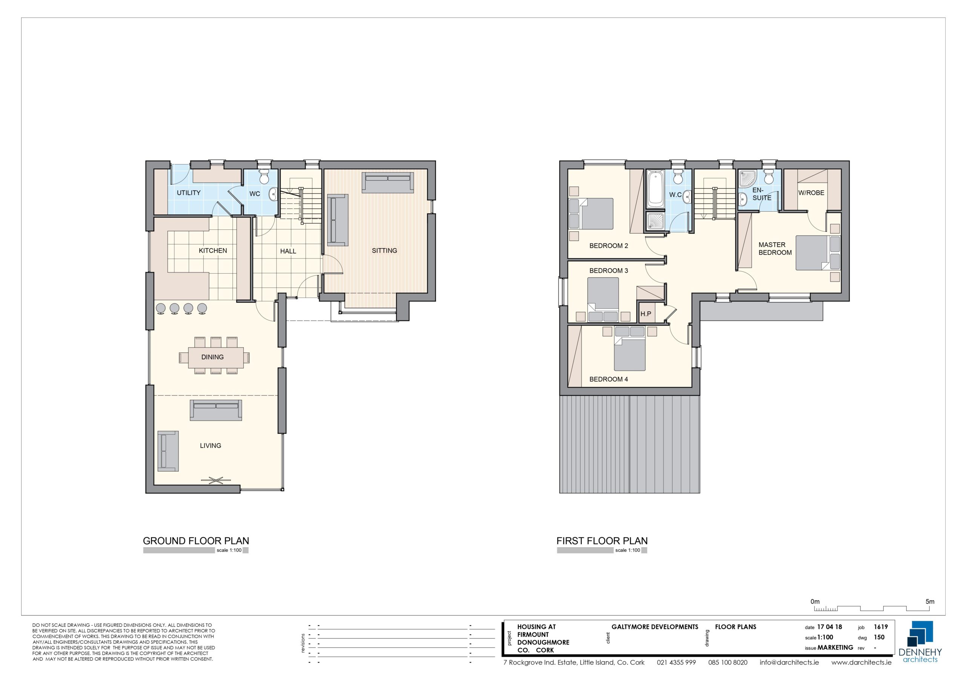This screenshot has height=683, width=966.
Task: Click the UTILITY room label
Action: point(189,193)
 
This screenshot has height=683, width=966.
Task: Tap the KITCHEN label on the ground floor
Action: point(213,251)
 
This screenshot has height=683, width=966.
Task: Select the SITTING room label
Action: point(385,251)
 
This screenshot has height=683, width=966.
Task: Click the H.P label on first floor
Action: point(646,314)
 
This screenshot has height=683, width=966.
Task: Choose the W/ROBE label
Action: point(811,193)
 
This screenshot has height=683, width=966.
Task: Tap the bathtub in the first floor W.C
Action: point(655,189)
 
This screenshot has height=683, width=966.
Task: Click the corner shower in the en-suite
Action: point(747,178)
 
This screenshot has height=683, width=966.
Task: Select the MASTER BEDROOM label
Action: point(775,248)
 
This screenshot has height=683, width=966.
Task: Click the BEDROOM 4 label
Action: point(608,379)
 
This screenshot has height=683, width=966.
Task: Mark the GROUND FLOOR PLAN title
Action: point(196,541)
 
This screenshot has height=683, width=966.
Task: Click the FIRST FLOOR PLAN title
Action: point(602,541)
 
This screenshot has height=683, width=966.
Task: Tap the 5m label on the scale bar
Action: point(930,602)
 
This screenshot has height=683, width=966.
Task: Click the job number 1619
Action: point(881,627)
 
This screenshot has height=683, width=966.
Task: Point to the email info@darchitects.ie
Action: point(789,662)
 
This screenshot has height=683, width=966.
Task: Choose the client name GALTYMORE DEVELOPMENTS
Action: point(655,627)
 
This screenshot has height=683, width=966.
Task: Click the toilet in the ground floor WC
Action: point(264,177)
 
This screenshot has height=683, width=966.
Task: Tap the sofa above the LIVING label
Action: point(216,410)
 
